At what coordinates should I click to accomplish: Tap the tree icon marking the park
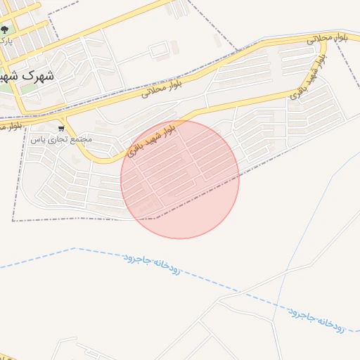[x=5, y=30]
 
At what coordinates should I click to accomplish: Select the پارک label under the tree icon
[x=6, y=41]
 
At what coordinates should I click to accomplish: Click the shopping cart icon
[x=62, y=129]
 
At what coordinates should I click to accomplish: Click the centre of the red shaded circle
[x=180, y=179]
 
